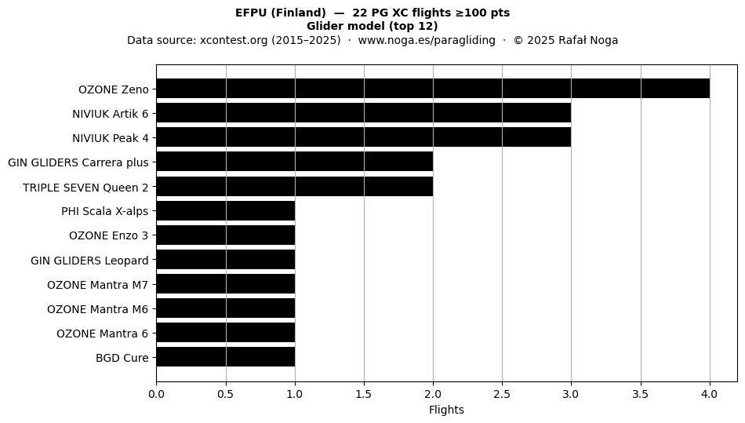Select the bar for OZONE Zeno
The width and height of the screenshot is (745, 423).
pyautogui.click(x=433, y=89)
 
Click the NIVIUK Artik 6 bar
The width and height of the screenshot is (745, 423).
pyautogui.click(x=364, y=113)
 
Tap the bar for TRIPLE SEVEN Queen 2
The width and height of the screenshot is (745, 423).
pyautogui.click(x=295, y=187)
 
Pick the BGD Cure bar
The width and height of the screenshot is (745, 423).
pyautogui.click(x=226, y=357)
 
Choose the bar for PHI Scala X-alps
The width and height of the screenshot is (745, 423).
pyautogui.click(x=226, y=211)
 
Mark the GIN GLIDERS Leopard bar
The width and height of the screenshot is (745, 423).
pyautogui.click(x=226, y=260)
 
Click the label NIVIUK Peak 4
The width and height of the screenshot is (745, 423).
pyautogui.click(x=111, y=138)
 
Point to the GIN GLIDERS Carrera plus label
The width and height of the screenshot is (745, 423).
pyautogui.click(x=78, y=162)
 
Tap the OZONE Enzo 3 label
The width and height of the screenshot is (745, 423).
pyautogui.click(x=109, y=235)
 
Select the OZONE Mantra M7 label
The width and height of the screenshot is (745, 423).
pyautogui.click(x=98, y=285)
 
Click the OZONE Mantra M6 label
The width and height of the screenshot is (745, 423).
pyautogui.click(x=98, y=309)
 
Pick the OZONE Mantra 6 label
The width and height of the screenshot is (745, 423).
pyautogui.click(x=103, y=334)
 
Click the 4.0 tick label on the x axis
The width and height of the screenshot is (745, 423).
pyautogui.click(x=710, y=394)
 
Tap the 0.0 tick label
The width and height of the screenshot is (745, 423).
pyautogui.click(x=156, y=394)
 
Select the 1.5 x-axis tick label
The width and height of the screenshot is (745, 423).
pyautogui.click(x=364, y=394)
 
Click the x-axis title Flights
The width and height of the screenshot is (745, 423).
pyautogui.click(x=446, y=410)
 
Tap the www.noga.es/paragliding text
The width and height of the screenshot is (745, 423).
pyautogui.click(x=427, y=40)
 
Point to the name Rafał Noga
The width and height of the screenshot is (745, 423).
pyautogui.click(x=588, y=40)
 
